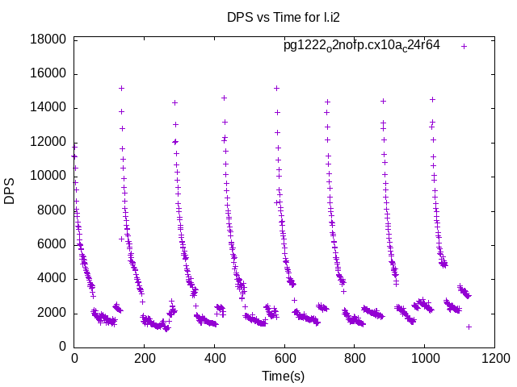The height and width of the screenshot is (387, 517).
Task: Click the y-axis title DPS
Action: [10, 192]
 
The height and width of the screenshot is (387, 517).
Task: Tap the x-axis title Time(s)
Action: [283, 376]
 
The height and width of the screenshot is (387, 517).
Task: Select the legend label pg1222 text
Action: [361, 45]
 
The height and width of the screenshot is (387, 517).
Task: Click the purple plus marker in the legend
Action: [464, 46]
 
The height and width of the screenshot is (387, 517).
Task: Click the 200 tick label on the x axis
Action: [145, 359]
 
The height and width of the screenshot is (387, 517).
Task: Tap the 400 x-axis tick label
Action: [214, 359]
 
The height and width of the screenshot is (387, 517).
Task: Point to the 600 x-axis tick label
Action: [284, 359]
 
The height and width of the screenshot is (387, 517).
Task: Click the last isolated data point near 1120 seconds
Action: [469, 327]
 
